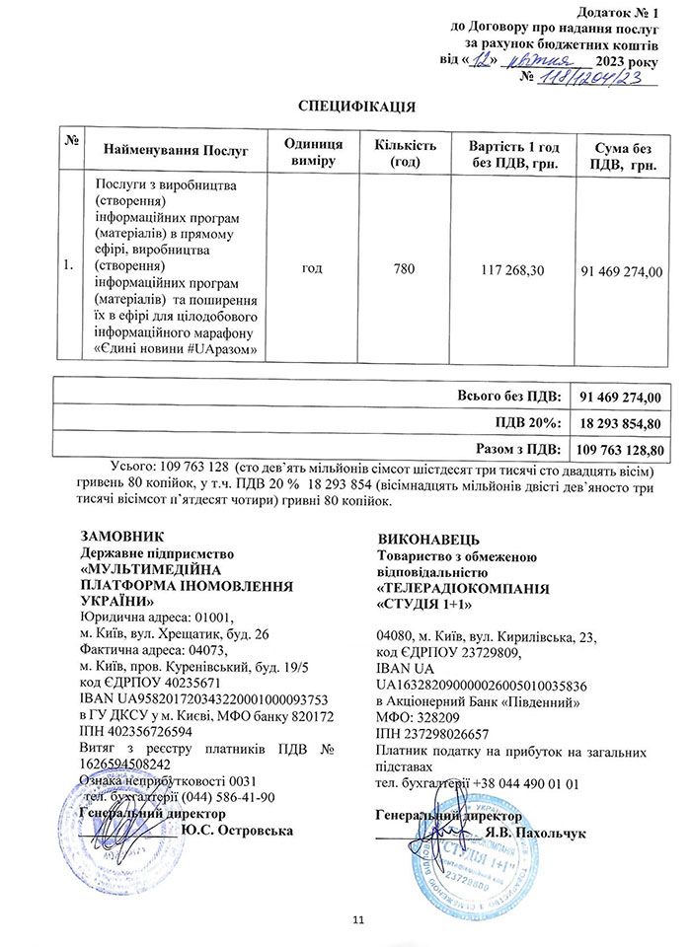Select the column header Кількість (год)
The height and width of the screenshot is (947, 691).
[405, 151]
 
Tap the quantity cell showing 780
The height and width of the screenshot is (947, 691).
[405, 267]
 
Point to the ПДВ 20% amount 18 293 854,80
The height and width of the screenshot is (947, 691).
[620, 423]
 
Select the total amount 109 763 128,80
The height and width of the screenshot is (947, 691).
[620, 449]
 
